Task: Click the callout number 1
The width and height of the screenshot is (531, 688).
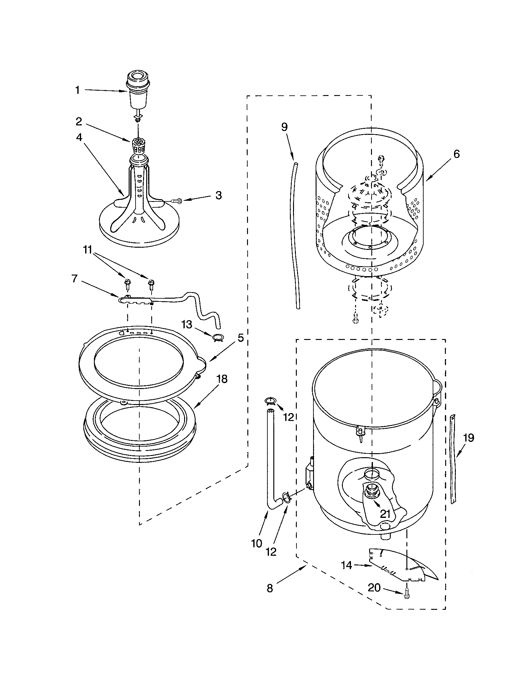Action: pyautogui.click(x=77, y=90)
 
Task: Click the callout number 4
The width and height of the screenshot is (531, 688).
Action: pyautogui.click(x=79, y=137)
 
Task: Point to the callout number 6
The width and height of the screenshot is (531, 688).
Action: pyautogui.click(x=456, y=154)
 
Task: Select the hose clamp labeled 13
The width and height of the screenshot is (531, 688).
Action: pyautogui.click(x=217, y=338)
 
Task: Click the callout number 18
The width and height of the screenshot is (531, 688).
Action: pyautogui.click(x=222, y=379)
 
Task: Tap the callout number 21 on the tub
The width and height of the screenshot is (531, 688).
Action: pyautogui.click(x=385, y=514)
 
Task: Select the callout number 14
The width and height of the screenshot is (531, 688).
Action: pyautogui.click(x=346, y=565)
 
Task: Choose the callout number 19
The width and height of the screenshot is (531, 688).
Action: pyautogui.click(x=469, y=438)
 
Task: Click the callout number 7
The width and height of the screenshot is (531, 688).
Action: pyautogui.click(x=75, y=278)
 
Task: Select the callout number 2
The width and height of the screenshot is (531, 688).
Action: pyautogui.click(x=79, y=121)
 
